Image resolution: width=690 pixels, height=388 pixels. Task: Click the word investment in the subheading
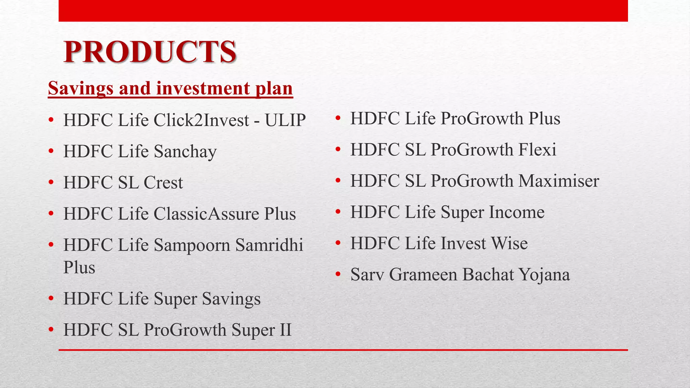click(203, 89)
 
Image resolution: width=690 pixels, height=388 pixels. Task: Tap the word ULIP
click(285, 120)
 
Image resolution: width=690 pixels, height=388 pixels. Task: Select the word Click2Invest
click(201, 120)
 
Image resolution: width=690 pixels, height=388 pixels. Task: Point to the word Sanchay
click(185, 152)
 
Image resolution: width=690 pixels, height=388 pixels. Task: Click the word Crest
click(163, 183)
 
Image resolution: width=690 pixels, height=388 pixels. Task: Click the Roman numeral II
click(285, 330)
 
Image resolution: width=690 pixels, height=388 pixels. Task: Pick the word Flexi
click(537, 150)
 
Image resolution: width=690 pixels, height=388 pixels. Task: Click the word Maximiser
click(559, 181)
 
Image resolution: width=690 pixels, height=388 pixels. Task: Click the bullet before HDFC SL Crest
click(51, 183)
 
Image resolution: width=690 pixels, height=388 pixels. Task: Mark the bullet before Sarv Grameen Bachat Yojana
click(338, 274)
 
